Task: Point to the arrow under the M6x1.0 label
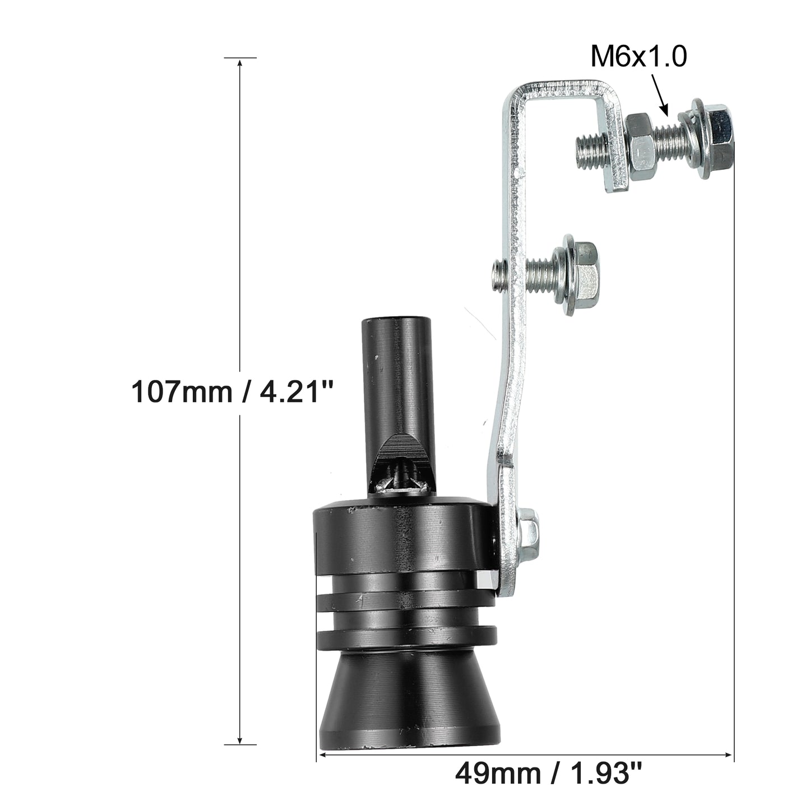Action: [659, 95]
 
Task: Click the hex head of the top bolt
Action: [719, 135]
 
